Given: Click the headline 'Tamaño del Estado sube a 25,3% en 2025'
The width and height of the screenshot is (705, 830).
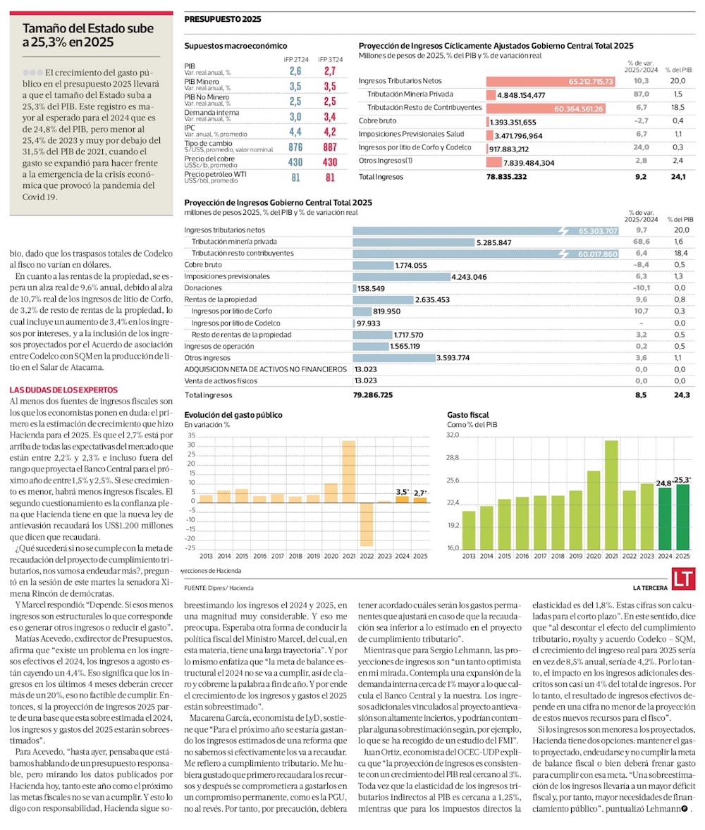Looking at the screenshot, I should click(x=87, y=35).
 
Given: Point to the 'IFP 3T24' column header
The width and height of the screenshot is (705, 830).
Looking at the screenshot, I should click(x=330, y=59).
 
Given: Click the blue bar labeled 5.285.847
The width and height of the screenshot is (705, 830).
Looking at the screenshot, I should click(x=414, y=242).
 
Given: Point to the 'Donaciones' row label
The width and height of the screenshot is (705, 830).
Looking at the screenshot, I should click(x=203, y=288).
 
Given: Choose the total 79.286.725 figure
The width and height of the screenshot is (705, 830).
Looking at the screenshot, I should click(x=382, y=396).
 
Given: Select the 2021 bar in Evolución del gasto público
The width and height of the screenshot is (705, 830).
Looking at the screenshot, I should click(x=348, y=471).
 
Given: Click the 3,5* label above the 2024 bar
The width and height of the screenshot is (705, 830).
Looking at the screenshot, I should click(x=402, y=491).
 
